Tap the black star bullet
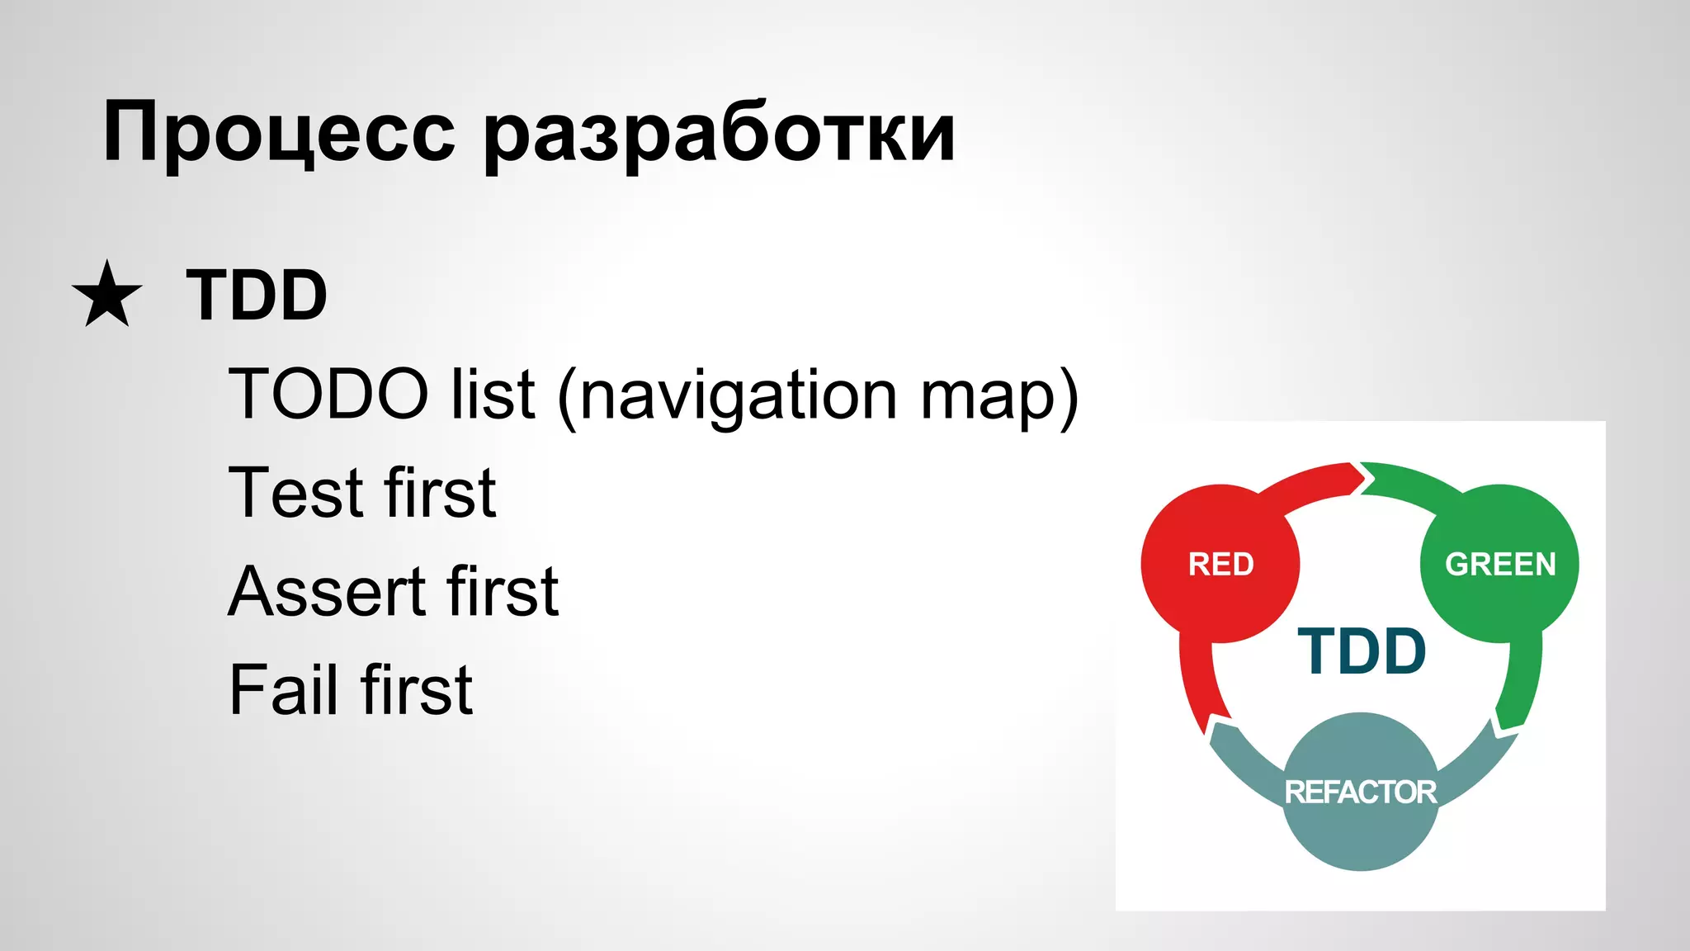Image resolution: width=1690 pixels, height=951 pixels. [107, 295]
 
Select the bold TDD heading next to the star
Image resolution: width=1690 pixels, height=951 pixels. [257, 295]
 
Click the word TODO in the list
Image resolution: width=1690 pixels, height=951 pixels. [328, 395]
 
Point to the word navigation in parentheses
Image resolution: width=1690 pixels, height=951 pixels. [738, 396]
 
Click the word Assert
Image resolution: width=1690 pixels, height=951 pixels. [327, 592]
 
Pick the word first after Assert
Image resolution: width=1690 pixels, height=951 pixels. [503, 592]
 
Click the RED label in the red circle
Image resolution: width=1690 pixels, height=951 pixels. [1220, 565]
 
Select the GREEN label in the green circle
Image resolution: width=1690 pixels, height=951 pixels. [1499, 565]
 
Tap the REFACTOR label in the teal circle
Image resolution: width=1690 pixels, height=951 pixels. [1360, 792]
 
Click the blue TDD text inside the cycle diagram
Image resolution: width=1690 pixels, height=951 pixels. [1362, 652]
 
